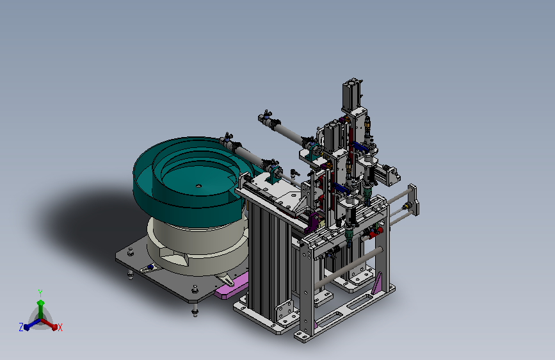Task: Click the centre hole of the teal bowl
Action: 198,186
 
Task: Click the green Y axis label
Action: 40,293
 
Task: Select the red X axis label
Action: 60,327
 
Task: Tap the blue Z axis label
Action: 21,327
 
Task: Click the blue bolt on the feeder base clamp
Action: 150,267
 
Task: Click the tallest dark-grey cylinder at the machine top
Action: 352,94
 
